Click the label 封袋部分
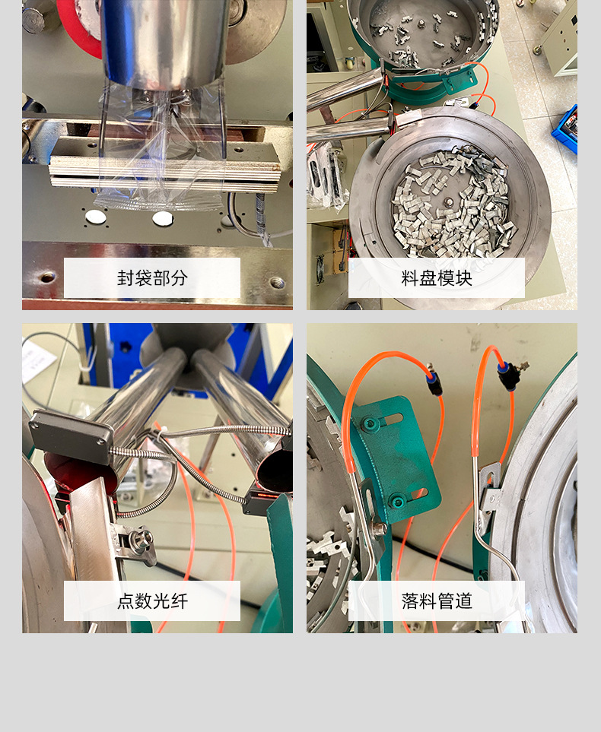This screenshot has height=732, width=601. pyautogui.click(x=152, y=278)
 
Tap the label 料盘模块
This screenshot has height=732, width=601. pyautogui.click(x=437, y=278)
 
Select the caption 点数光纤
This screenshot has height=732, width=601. pyautogui.click(x=152, y=601)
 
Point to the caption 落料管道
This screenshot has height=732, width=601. pyautogui.click(x=437, y=601)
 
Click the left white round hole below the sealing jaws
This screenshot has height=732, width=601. pyautogui.click(x=96, y=216)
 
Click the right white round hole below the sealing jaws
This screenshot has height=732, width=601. pyautogui.click(x=163, y=218)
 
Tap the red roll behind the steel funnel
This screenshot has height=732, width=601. pyautogui.click(x=78, y=28)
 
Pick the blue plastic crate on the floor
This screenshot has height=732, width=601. pyautogui.click(x=565, y=129)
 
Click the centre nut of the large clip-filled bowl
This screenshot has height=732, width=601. pyautogui.click(x=448, y=203)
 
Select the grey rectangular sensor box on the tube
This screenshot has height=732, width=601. pyautogui.click(x=71, y=436)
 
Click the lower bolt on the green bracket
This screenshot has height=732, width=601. pyautogui.click(x=398, y=502)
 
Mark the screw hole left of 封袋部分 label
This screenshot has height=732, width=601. pyautogui.click(x=48, y=277)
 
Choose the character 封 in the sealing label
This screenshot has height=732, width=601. pyautogui.click(x=126, y=278)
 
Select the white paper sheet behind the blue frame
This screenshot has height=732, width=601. pyautogui.click(x=38, y=360)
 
